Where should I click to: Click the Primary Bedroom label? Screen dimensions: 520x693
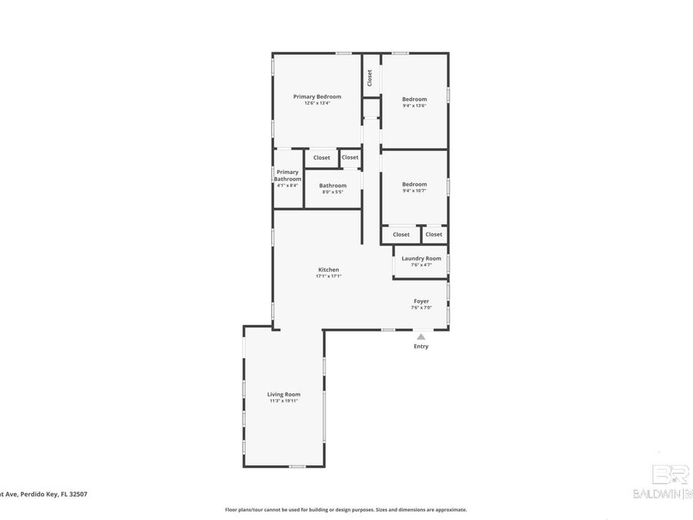pos(317,97)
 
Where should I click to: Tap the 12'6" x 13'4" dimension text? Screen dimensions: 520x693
pos(317,103)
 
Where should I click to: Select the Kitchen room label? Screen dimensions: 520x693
pos(329,270)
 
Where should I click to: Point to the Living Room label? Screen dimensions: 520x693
pos(283,394)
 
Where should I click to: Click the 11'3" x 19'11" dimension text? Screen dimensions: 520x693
pos(283,401)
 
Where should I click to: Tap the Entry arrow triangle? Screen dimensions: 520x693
pos(420,337)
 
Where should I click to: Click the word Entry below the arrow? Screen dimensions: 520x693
pos(420,347)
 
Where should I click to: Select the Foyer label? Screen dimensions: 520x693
pos(421,301)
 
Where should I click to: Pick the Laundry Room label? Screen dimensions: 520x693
pos(421,258)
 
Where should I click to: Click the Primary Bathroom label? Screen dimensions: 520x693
pos(288,176)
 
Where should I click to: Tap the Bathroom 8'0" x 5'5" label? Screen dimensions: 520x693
pos(333,188)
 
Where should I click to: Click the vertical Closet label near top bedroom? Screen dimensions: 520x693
pos(370,77)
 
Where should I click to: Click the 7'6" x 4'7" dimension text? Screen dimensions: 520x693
pos(421,265)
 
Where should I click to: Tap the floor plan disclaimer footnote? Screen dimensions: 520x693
pos(346,509)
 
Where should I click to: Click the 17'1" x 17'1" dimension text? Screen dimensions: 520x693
pos(329,276)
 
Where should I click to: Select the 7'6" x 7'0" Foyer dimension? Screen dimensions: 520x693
pos(421,307)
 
